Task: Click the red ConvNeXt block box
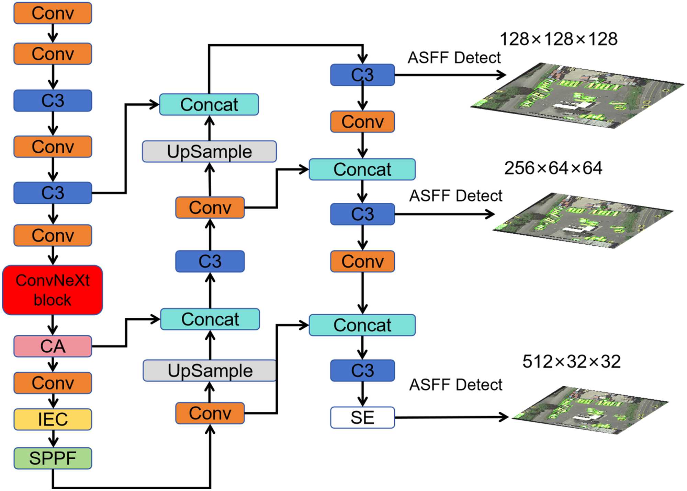53,290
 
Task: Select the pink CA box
53,346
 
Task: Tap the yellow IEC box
53,419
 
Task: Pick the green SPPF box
53,458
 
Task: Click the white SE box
362,417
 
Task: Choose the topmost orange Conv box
53,13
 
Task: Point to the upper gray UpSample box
209,151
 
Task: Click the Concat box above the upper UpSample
209,104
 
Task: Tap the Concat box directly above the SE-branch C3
362,325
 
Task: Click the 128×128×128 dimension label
559,39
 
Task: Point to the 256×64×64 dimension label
553,168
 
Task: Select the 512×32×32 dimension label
571,361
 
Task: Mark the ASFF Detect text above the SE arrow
455,385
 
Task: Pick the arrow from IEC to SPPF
53,439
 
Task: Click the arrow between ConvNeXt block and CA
53,325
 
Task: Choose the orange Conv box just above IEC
53,383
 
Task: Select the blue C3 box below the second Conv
53,101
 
